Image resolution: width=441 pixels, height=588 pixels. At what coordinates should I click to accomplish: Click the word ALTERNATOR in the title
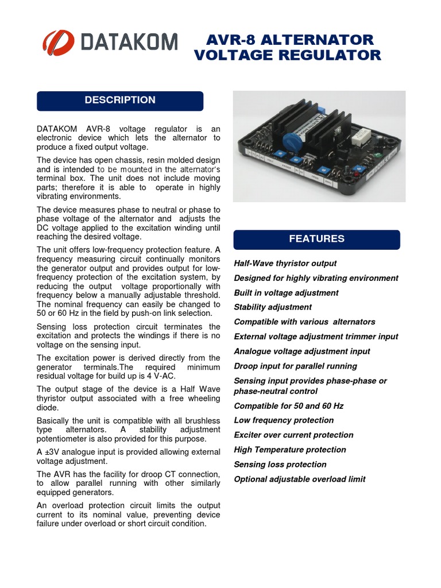322,40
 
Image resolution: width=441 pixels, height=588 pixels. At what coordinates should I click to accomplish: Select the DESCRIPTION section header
120,100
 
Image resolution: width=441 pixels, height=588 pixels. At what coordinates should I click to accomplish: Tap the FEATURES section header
316,239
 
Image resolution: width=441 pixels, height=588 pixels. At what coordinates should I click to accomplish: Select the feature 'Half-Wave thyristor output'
285,264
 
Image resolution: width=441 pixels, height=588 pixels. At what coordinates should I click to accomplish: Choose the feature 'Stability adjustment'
273,307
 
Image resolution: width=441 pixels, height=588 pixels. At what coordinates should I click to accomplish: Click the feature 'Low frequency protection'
284,420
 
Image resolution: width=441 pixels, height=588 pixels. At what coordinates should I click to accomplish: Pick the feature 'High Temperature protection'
290,450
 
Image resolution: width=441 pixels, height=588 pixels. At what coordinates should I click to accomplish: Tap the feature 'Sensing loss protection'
280,465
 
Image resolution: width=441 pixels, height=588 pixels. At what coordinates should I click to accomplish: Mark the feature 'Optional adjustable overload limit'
299,479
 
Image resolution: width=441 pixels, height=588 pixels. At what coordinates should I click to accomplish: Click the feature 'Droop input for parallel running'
295,366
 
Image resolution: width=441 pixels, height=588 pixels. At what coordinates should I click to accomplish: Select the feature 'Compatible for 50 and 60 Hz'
288,406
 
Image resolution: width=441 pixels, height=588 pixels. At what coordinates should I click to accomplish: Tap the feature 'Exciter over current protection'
293,435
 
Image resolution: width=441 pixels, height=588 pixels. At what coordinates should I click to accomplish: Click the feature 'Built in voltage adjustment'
286,293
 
